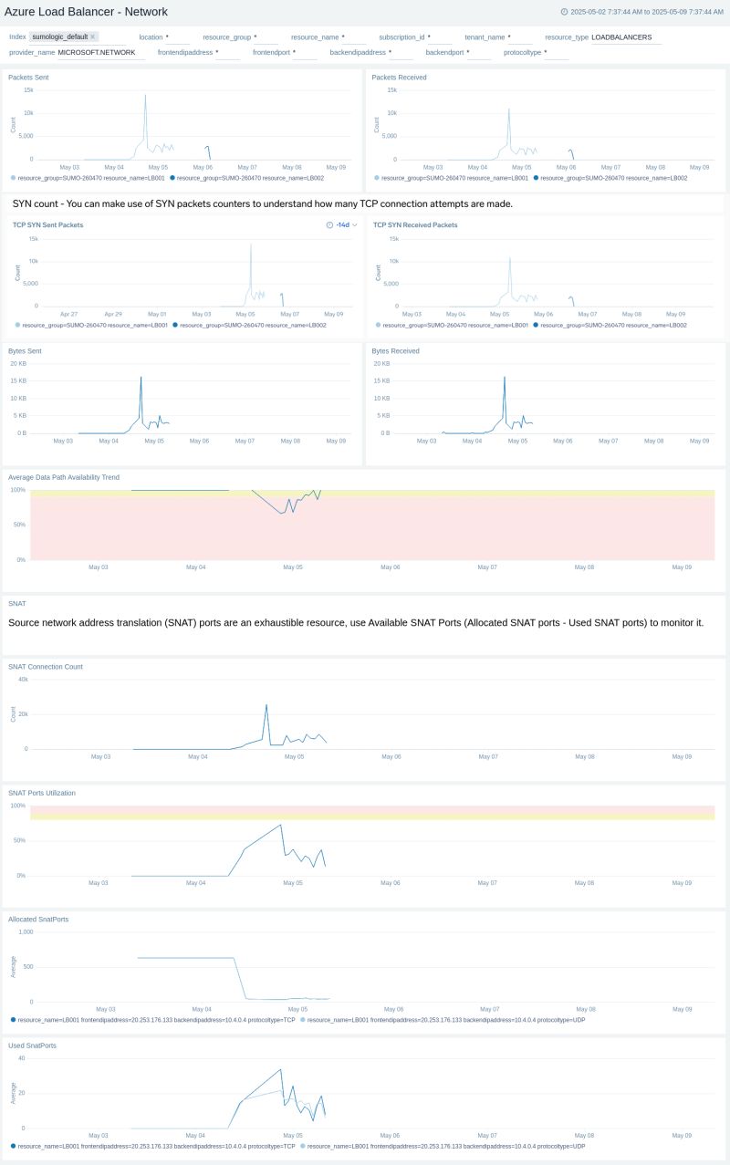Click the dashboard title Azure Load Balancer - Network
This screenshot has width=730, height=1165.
coord(86,11)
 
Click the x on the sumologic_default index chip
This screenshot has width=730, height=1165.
coord(93,37)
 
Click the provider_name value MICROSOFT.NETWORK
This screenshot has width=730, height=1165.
coord(96,53)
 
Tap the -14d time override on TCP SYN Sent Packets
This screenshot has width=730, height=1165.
coord(342,224)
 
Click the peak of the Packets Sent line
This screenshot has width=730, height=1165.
coord(144,95)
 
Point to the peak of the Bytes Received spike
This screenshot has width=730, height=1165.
coord(505,378)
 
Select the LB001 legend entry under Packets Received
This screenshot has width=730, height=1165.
coord(454,178)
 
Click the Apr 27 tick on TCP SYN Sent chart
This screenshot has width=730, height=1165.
coord(69,314)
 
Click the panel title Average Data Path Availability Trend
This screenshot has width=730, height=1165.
coord(64,477)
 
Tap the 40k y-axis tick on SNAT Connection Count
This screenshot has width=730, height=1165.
coord(22,680)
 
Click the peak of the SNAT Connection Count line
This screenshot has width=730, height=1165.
coord(266,705)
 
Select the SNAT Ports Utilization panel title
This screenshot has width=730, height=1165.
coord(42,793)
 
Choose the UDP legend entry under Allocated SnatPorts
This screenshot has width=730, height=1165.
coord(445,1020)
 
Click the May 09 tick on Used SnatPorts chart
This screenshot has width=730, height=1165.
coord(682,1136)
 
